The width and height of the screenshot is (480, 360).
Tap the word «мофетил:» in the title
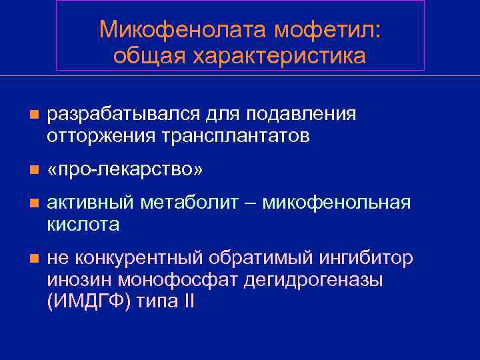[x=322, y=30]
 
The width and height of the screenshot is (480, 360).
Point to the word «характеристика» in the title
[x=279, y=56]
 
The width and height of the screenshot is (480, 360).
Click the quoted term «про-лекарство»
[x=125, y=171]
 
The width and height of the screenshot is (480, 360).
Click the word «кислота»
[x=83, y=225]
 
